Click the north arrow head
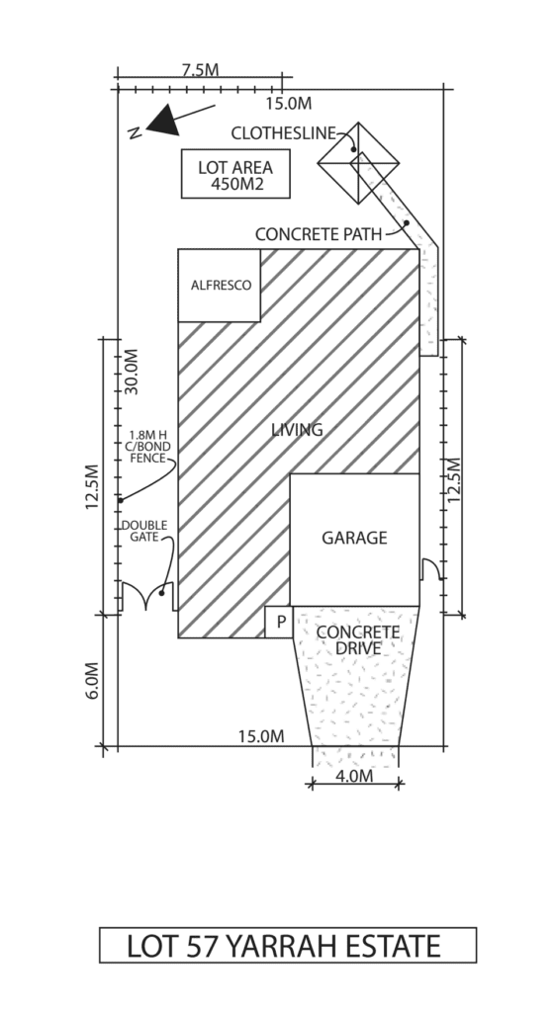[164, 122]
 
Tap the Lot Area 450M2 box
[235, 174]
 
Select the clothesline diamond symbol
[358, 163]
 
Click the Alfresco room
[220, 286]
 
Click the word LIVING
[297, 430]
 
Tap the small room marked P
[279, 623]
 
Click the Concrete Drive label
[358, 639]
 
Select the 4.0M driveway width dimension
[355, 776]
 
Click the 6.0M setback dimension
[93, 680]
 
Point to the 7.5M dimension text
[200, 70]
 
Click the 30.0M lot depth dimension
[132, 372]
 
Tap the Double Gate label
[144, 531]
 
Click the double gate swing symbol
[147, 595]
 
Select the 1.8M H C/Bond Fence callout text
[149, 447]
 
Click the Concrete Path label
[319, 234]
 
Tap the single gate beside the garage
[431, 568]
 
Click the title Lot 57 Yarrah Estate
[284, 946]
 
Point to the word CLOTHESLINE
[284, 133]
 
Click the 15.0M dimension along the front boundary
[261, 736]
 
